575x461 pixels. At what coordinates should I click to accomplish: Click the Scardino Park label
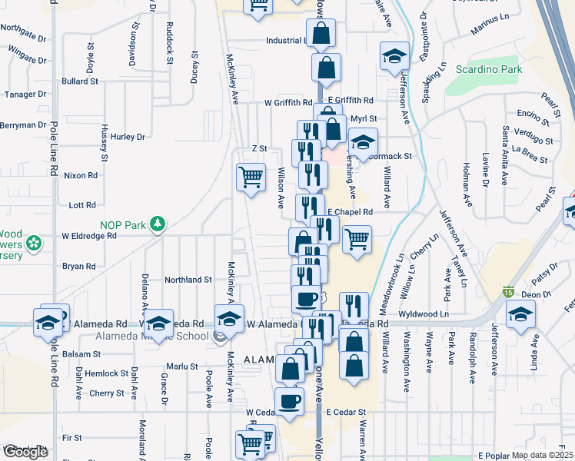[489, 70]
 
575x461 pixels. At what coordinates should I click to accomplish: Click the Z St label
[259, 148]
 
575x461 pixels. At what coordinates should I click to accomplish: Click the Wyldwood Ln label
[424, 314]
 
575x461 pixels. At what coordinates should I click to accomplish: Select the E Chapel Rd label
[350, 211]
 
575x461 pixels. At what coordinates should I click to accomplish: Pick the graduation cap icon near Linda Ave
[521, 315]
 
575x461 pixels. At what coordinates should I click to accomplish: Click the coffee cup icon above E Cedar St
[289, 401]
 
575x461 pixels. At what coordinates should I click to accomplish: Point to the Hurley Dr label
[128, 137]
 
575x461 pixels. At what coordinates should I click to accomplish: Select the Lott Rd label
[81, 205]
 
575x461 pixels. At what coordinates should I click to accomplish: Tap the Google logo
[25, 453]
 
